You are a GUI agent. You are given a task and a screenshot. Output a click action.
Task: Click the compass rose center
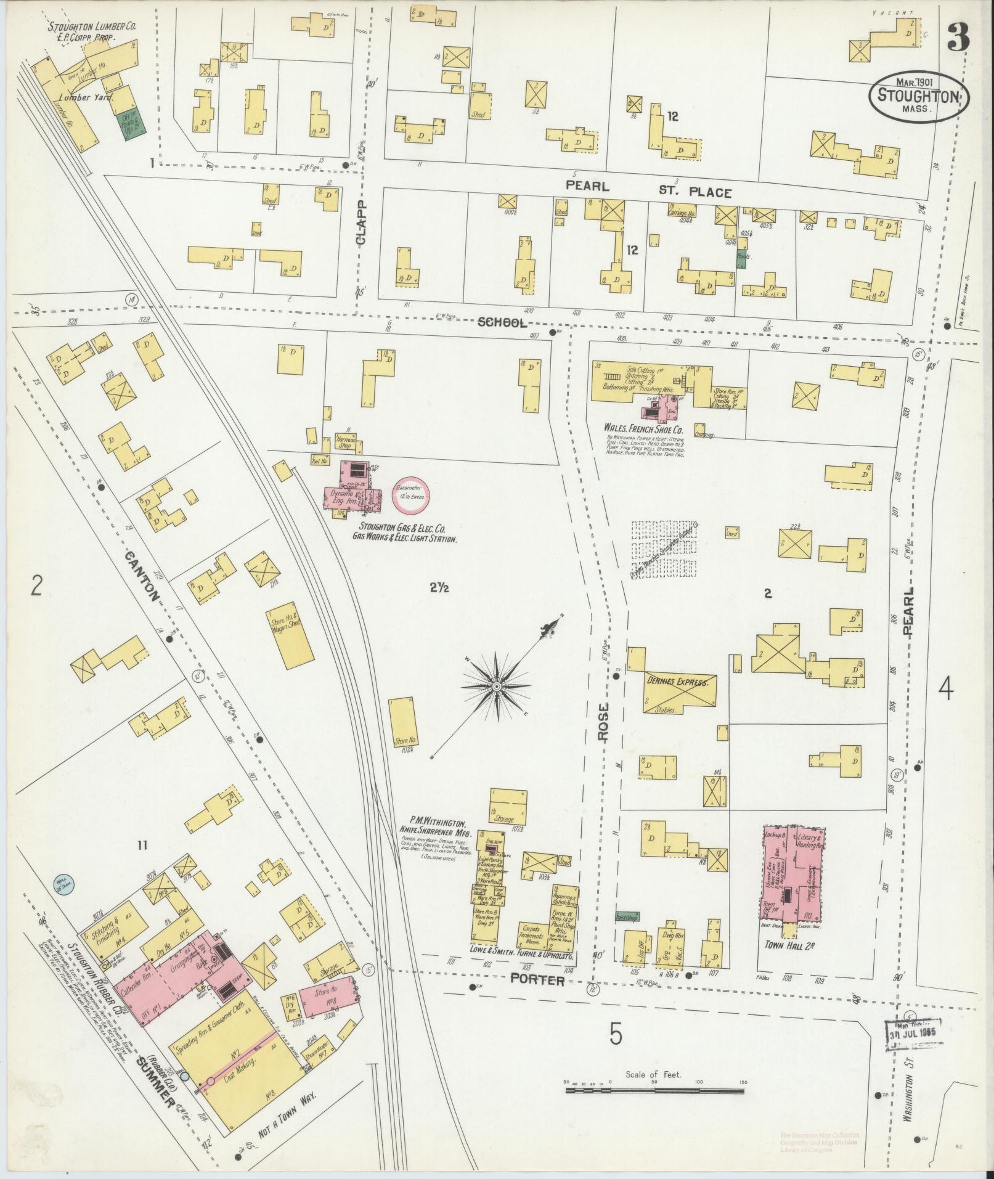[496, 685]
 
